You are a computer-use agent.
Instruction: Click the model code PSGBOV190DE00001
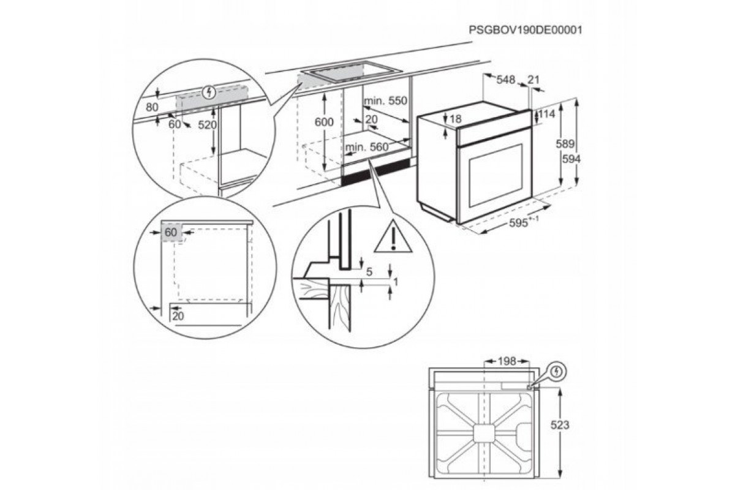click(x=526, y=30)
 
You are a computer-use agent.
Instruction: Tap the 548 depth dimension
click(x=506, y=80)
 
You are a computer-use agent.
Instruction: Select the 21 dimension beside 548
click(x=534, y=80)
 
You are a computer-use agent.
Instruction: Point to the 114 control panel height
click(x=547, y=114)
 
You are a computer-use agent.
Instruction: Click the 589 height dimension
click(x=565, y=144)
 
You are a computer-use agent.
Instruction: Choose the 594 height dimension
click(x=571, y=159)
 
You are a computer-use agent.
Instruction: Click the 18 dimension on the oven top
click(x=456, y=119)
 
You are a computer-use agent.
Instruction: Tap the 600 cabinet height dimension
click(x=324, y=122)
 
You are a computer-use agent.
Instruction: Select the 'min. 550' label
click(x=385, y=100)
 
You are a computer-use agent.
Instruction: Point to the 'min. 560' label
click(x=367, y=147)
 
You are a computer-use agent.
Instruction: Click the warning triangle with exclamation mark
click(x=393, y=238)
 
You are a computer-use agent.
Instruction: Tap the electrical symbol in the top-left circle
click(x=209, y=92)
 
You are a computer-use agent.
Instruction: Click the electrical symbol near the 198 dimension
click(x=557, y=372)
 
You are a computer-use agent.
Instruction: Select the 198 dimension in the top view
click(x=507, y=361)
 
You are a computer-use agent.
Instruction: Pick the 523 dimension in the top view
click(x=560, y=425)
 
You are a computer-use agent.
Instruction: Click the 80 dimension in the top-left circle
click(x=153, y=107)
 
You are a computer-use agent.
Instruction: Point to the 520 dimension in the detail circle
click(x=208, y=125)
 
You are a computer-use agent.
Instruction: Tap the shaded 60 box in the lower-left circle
click(x=171, y=232)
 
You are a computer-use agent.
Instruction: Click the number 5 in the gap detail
click(x=369, y=272)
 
